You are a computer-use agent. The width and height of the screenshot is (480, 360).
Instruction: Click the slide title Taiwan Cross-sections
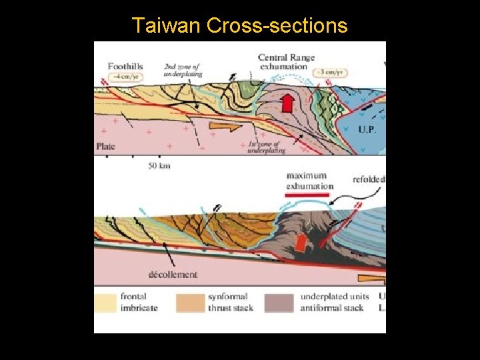240,25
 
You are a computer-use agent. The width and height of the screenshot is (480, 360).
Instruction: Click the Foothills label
125,66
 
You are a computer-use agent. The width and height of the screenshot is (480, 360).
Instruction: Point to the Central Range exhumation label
286,62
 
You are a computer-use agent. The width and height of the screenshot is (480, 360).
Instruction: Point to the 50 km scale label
159,165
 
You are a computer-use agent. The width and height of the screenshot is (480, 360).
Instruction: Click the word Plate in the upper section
105,146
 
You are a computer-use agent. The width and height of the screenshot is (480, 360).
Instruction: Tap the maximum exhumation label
309,181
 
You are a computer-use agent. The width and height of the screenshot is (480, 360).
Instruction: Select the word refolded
369,179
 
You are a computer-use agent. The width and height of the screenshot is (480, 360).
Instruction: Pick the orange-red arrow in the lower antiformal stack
302,243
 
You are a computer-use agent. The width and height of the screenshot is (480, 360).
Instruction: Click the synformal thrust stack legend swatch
190,302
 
